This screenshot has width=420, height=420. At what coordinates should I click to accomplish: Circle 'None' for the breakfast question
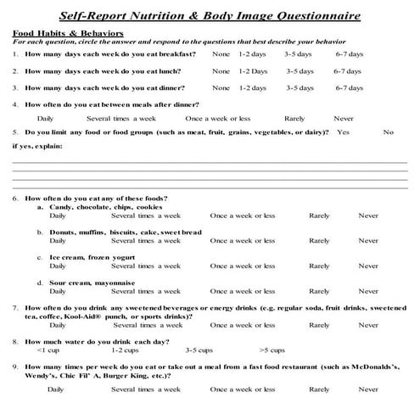click(x=221, y=53)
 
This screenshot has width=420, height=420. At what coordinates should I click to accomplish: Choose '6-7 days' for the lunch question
click(x=348, y=70)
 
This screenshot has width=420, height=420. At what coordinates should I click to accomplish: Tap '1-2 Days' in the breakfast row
click(x=253, y=53)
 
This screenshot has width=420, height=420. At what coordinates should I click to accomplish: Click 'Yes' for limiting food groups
click(x=343, y=132)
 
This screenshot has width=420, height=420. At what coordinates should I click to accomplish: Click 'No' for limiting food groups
click(x=388, y=132)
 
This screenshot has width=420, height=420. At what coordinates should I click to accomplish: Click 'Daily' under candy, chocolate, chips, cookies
click(x=57, y=216)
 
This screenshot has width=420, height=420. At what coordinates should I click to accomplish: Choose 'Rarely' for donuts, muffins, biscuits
click(x=319, y=241)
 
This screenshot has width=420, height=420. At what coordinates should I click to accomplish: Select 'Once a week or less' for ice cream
click(x=242, y=266)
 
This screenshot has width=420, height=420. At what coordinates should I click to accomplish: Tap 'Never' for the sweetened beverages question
click(x=368, y=324)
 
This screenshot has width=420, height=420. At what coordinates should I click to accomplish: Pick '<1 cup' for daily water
click(x=48, y=350)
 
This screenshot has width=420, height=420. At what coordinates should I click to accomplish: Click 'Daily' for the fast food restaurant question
click(x=57, y=389)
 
